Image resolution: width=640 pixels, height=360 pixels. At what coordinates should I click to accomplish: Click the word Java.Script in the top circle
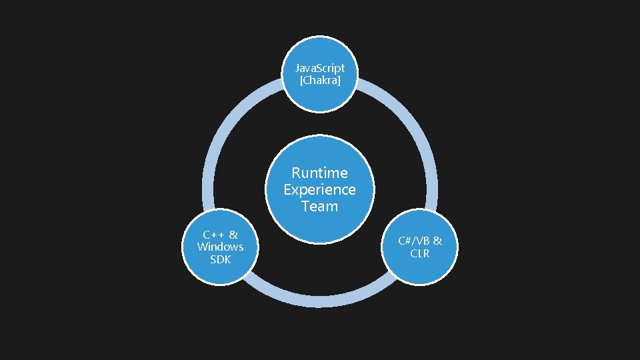point(320,69)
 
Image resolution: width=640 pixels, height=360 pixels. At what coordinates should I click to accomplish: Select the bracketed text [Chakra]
point(320,81)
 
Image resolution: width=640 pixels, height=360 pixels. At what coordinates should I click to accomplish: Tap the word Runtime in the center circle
point(320,173)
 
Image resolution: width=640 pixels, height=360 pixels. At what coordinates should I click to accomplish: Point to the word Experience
point(320,189)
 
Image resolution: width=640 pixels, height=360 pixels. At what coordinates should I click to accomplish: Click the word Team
point(320,206)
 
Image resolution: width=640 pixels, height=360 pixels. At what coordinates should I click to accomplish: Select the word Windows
point(220,247)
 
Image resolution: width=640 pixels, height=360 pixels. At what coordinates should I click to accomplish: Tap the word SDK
point(220,259)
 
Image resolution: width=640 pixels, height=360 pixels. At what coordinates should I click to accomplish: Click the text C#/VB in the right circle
point(413,241)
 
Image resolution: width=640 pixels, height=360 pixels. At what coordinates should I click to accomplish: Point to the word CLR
point(420,253)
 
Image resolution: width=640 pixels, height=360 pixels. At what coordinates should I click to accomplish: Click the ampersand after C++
point(233,235)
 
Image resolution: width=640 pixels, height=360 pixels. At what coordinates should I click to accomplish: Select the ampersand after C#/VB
point(437,241)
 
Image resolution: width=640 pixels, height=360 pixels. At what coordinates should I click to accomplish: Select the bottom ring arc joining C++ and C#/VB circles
point(320,303)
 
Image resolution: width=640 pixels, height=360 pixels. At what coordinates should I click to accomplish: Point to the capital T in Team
point(305,206)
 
